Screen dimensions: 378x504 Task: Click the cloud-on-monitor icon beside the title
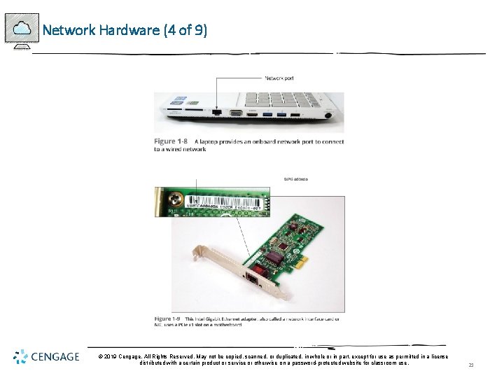click(22, 30)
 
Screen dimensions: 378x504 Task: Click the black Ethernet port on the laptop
click(217, 112)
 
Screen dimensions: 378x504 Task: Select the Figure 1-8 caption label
click(170, 141)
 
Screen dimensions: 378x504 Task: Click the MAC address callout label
click(295, 179)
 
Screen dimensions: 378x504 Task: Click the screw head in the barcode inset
click(178, 199)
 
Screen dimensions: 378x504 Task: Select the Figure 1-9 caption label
click(169, 319)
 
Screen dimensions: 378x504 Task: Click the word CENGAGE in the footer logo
click(56, 358)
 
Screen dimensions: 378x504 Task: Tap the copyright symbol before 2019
click(101, 356)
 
